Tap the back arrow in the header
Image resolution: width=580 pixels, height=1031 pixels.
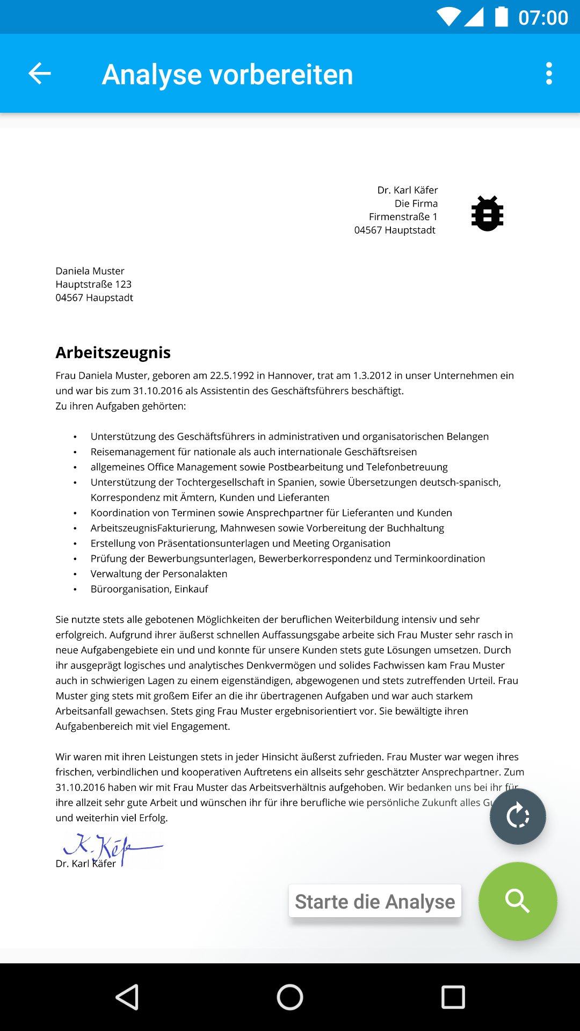[x=40, y=74]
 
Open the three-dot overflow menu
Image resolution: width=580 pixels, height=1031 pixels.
[x=548, y=74]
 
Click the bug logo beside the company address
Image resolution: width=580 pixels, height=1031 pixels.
[x=487, y=214]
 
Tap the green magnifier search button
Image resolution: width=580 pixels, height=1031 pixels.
[x=518, y=901]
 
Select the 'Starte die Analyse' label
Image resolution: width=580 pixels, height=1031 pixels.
[x=375, y=902]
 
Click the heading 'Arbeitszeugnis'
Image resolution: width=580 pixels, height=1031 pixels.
[x=113, y=353]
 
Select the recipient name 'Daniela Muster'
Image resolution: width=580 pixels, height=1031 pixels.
[x=90, y=271]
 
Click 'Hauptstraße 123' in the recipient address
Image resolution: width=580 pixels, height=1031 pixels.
[x=93, y=285]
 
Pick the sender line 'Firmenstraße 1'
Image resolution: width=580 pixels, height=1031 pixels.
[x=403, y=217]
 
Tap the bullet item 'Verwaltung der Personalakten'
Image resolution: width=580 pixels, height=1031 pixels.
[x=159, y=574]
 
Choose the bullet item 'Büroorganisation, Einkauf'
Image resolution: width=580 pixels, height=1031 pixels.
[x=149, y=589]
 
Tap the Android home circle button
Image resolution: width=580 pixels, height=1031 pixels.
[x=290, y=997]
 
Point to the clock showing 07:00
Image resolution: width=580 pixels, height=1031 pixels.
[x=543, y=18]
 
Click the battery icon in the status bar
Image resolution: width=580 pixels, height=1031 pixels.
[x=501, y=17]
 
